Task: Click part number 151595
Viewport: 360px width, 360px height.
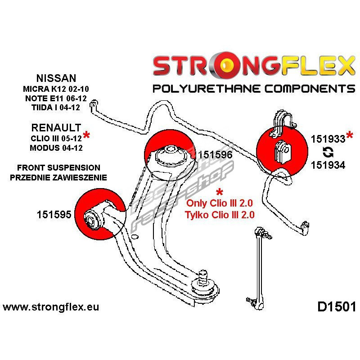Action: (x=54, y=215)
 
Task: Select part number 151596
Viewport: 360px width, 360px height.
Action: (x=215, y=154)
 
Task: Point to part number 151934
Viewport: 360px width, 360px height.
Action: (x=328, y=165)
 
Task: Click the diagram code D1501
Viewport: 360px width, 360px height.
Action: (x=337, y=307)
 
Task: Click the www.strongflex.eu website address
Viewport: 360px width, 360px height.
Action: (x=51, y=307)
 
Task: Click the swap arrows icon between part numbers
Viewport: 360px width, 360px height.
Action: (x=328, y=152)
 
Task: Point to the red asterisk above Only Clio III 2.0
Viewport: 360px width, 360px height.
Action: (x=219, y=192)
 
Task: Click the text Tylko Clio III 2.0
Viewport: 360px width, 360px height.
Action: (x=219, y=215)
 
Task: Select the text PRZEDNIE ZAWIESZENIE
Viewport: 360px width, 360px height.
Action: (x=58, y=177)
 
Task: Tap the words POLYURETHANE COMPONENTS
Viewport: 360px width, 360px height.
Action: (x=253, y=87)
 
